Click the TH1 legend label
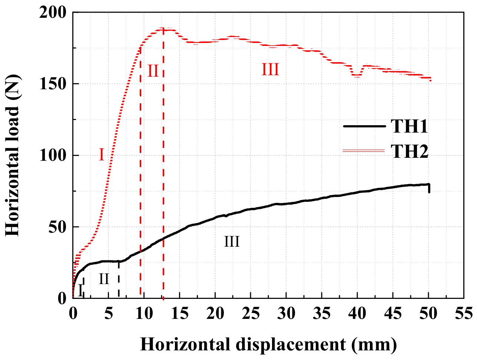click(409, 126)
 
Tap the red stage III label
click(270, 70)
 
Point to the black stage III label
click(232, 242)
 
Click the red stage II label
click(153, 70)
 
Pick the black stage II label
click(104, 279)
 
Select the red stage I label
click(101, 155)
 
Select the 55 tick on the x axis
click(463, 314)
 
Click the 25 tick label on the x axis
click(250, 314)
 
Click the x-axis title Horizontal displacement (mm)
click(268, 344)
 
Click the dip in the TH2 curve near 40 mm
click(357, 76)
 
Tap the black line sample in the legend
click(364, 126)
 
